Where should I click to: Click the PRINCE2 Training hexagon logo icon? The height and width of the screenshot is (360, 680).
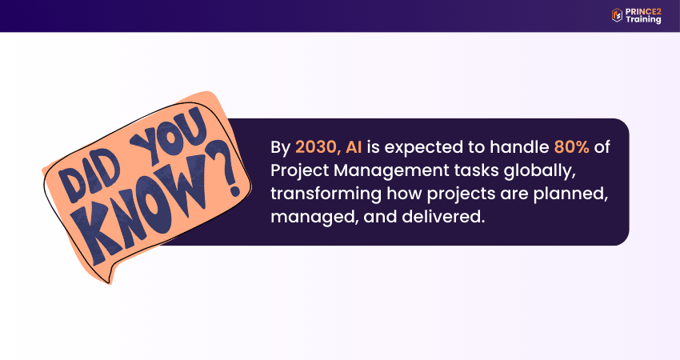(617, 15)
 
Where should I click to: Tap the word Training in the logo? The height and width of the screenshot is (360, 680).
(643, 20)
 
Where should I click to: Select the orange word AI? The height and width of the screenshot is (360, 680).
(354, 147)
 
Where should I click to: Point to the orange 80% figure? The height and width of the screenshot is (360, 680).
(571, 147)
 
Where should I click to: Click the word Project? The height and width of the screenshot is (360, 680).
(299, 171)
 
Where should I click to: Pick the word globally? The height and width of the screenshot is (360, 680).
(539, 170)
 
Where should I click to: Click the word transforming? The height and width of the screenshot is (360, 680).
(326, 194)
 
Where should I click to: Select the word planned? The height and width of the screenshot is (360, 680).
(570, 194)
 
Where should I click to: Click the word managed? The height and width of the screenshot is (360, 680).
(314, 217)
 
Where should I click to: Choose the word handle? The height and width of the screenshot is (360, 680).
(519, 147)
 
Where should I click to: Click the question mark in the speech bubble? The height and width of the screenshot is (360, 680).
(225, 170)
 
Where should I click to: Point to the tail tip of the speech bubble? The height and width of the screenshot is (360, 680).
(110, 284)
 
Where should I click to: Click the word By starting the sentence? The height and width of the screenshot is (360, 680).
(280, 148)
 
